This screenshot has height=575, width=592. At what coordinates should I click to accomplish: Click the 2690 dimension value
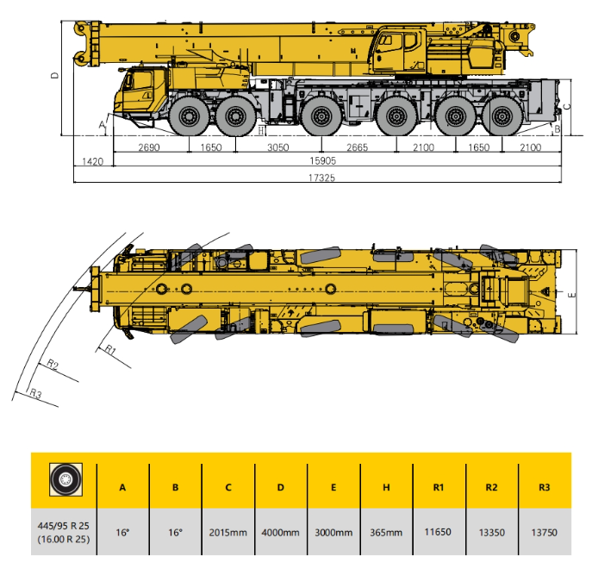click(x=149, y=147)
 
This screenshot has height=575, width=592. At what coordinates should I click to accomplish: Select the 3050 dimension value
click(x=278, y=147)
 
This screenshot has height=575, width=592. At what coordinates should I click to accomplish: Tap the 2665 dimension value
click(x=357, y=147)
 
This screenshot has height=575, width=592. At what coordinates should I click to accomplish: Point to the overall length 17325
click(x=321, y=178)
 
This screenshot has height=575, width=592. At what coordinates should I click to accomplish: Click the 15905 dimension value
click(x=323, y=161)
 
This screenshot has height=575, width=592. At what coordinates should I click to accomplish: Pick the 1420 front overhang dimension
click(x=93, y=162)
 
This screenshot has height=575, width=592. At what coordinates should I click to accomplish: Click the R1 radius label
click(x=109, y=349)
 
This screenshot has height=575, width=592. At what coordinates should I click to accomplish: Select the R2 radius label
click(x=53, y=365)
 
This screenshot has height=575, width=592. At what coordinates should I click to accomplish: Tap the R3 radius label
click(x=35, y=393)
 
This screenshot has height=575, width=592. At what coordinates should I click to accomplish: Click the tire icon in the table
click(x=65, y=479)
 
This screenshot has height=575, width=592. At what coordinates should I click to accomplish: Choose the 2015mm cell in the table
click(x=228, y=533)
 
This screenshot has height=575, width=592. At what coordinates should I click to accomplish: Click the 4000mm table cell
click(x=281, y=533)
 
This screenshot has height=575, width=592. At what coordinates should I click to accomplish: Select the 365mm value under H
click(x=386, y=533)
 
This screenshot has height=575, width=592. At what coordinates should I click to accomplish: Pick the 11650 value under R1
click(x=438, y=532)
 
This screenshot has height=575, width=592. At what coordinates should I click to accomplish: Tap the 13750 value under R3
click(x=544, y=533)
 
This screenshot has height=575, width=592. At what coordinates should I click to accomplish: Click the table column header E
click(x=333, y=487)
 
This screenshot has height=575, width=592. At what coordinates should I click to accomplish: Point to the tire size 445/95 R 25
click(x=64, y=526)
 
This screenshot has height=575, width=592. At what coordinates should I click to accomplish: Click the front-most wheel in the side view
click(x=189, y=116)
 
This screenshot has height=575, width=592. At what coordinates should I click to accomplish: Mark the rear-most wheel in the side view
click(x=502, y=116)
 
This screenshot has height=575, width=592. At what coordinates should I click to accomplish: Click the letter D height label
click(x=55, y=75)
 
